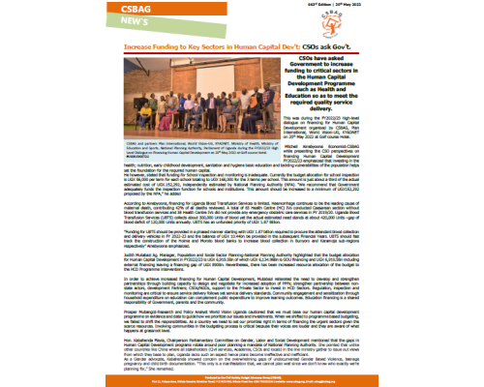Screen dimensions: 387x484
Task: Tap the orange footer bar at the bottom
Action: click(242, 382)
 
